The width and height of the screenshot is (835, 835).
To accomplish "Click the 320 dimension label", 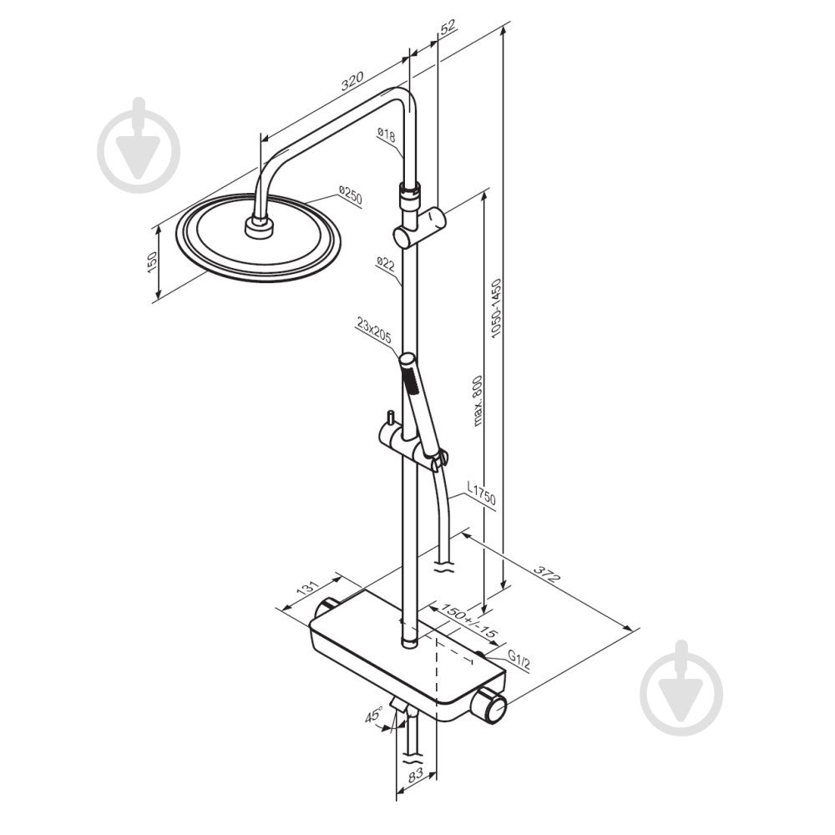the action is [x=352, y=80].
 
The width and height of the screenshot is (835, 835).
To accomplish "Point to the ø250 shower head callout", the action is [x=350, y=195].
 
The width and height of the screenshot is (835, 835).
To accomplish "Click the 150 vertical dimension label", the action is [x=152, y=262].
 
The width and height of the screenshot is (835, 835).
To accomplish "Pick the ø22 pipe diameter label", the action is [x=386, y=264].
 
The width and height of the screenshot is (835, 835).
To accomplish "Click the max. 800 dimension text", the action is [x=477, y=401].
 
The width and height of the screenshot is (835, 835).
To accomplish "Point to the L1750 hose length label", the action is [x=481, y=493].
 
